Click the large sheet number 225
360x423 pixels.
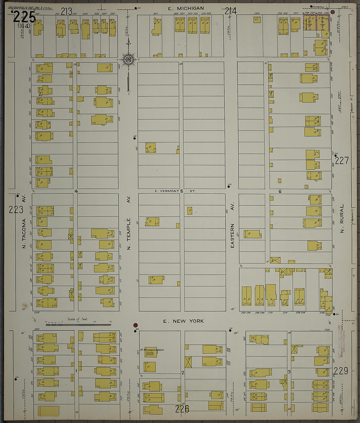tap(24, 16)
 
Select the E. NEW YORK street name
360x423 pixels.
tap(183, 321)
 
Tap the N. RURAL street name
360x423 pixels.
tap(342, 218)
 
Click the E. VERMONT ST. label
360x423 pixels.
tap(175, 191)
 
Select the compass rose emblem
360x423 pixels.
tap(128, 59)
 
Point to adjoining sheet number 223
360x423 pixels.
tap(16, 210)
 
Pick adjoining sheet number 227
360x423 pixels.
tap(342, 160)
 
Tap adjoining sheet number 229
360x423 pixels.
tap(341, 371)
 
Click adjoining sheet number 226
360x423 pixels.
tap(182, 408)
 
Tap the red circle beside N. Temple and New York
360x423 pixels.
tap(135, 325)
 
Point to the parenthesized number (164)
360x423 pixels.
tap(24, 26)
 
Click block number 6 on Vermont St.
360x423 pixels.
tap(280, 192)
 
